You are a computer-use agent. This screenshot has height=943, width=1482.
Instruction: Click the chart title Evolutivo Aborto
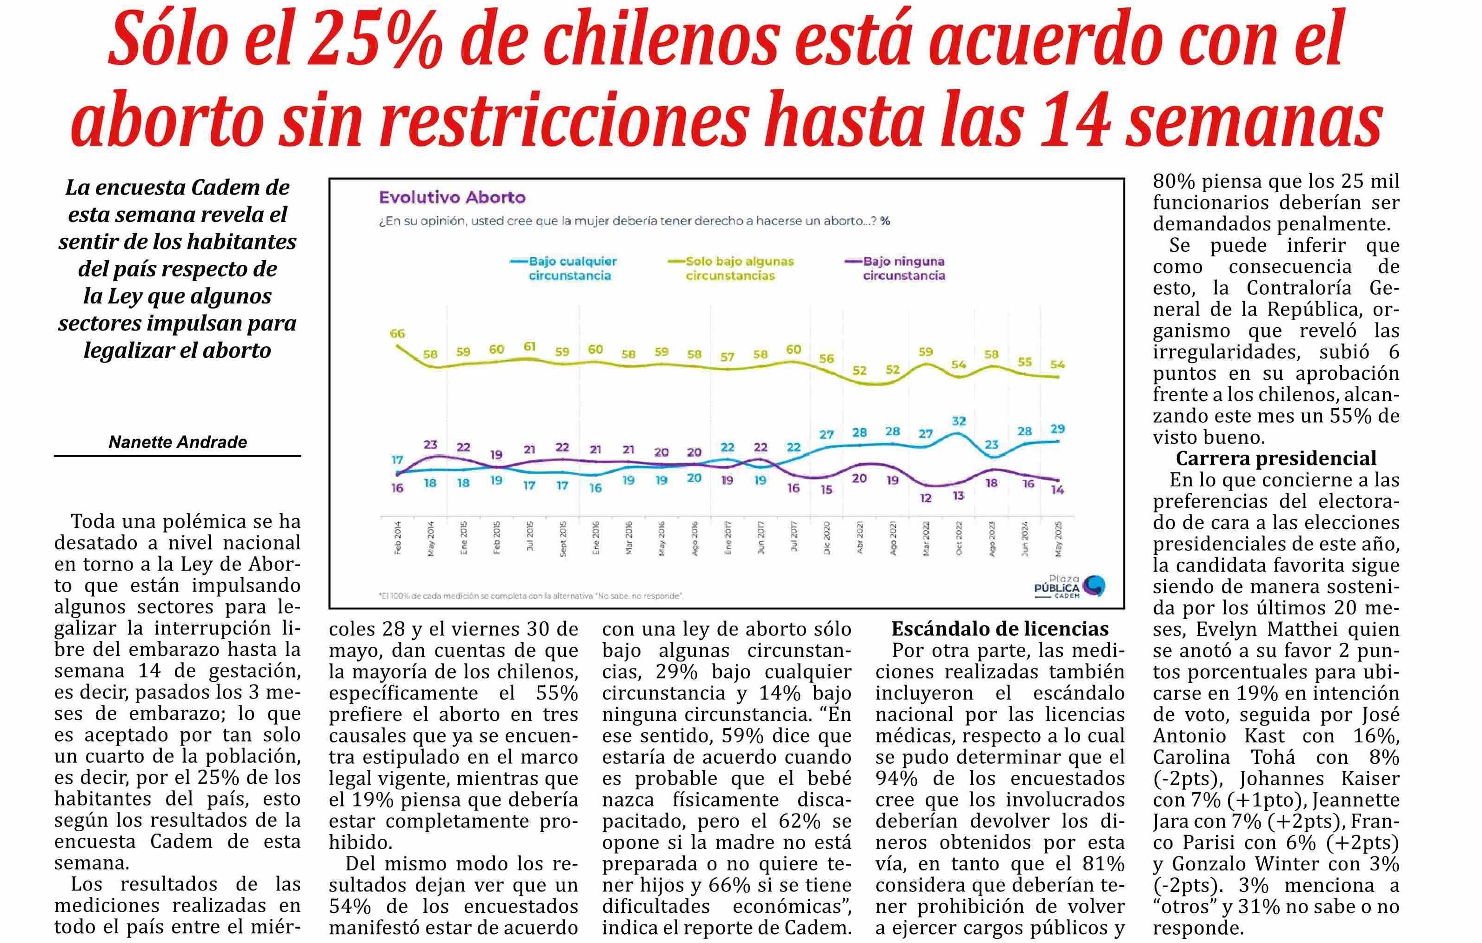point(452,198)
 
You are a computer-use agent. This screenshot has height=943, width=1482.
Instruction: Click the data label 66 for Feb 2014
point(398,334)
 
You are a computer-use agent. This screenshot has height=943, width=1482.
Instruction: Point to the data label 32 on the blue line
point(958,421)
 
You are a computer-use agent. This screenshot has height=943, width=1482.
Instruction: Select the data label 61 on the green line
point(529,347)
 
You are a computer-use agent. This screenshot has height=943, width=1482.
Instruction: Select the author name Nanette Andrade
point(178,442)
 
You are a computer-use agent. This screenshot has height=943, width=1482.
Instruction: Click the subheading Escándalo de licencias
point(1000,629)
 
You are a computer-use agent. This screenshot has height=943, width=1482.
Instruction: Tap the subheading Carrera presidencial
point(1276,458)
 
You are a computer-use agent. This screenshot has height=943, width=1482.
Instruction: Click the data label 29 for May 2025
point(1057,429)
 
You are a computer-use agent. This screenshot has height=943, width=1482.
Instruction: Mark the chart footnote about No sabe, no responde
point(531,596)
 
